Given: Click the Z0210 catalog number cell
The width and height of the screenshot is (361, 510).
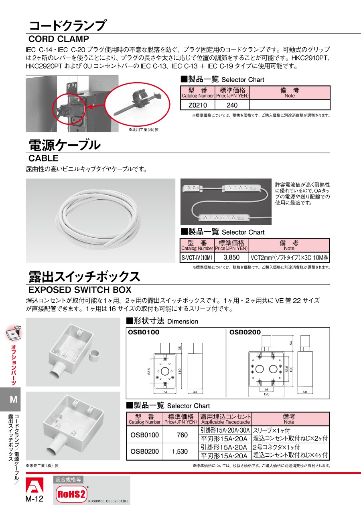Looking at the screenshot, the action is coord(197,105).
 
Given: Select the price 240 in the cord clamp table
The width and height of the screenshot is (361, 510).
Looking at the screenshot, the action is coord(232,105).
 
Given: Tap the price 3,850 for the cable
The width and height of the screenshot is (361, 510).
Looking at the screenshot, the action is coord(231,257).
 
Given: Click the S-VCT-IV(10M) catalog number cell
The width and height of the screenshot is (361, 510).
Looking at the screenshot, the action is coord(197,257).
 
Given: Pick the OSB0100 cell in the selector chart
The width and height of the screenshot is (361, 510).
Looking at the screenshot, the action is coord(145,435).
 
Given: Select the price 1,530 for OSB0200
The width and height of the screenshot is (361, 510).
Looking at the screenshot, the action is coord(180,451).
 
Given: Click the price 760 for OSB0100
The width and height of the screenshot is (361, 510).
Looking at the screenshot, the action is coord(182,435).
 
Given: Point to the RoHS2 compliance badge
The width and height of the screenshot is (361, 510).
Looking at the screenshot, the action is coord(71,494).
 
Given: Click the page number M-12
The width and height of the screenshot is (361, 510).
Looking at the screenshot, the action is coord(34,499).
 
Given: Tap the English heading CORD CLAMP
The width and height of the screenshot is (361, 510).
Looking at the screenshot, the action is coord(59,39).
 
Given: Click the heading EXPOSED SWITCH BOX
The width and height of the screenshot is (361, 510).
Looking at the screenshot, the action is coord(80,289).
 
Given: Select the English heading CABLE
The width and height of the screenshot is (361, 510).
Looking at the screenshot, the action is coord(43,158).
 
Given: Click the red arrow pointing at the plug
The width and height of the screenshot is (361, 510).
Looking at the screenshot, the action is coord(95,107).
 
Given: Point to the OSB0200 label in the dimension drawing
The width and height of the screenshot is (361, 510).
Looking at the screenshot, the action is coord(245,332).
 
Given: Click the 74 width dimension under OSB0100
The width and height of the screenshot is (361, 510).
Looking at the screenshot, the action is coord(165,392).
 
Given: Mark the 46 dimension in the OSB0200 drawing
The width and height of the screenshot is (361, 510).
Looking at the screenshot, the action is coord(266,390).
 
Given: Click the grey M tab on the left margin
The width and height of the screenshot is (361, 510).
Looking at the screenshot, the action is coord(10,399).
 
